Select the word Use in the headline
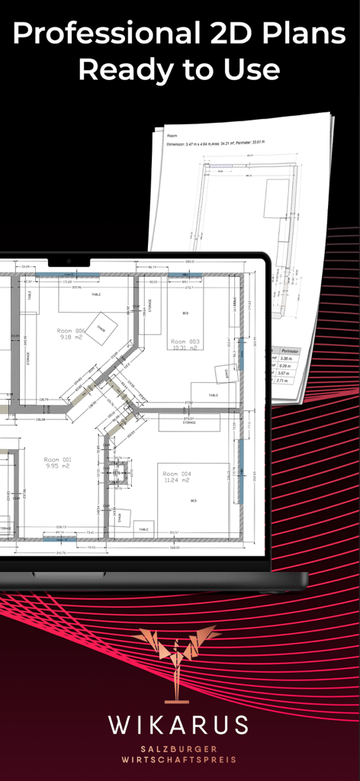pyautogui.click(x=250, y=71)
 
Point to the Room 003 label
pyautogui.click(x=185, y=342)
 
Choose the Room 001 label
pyautogui.click(x=56, y=459)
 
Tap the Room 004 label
pyautogui.click(x=177, y=474)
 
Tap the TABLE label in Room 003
pyautogui.click(x=213, y=395)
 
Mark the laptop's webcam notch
pyautogui.click(x=68, y=262)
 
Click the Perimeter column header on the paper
pyautogui.click(x=290, y=350)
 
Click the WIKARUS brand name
pyautogui.click(x=179, y=724)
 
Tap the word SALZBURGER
pyautogui.click(x=179, y=749)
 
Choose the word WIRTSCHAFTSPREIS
pyautogui.click(x=179, y=760)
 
